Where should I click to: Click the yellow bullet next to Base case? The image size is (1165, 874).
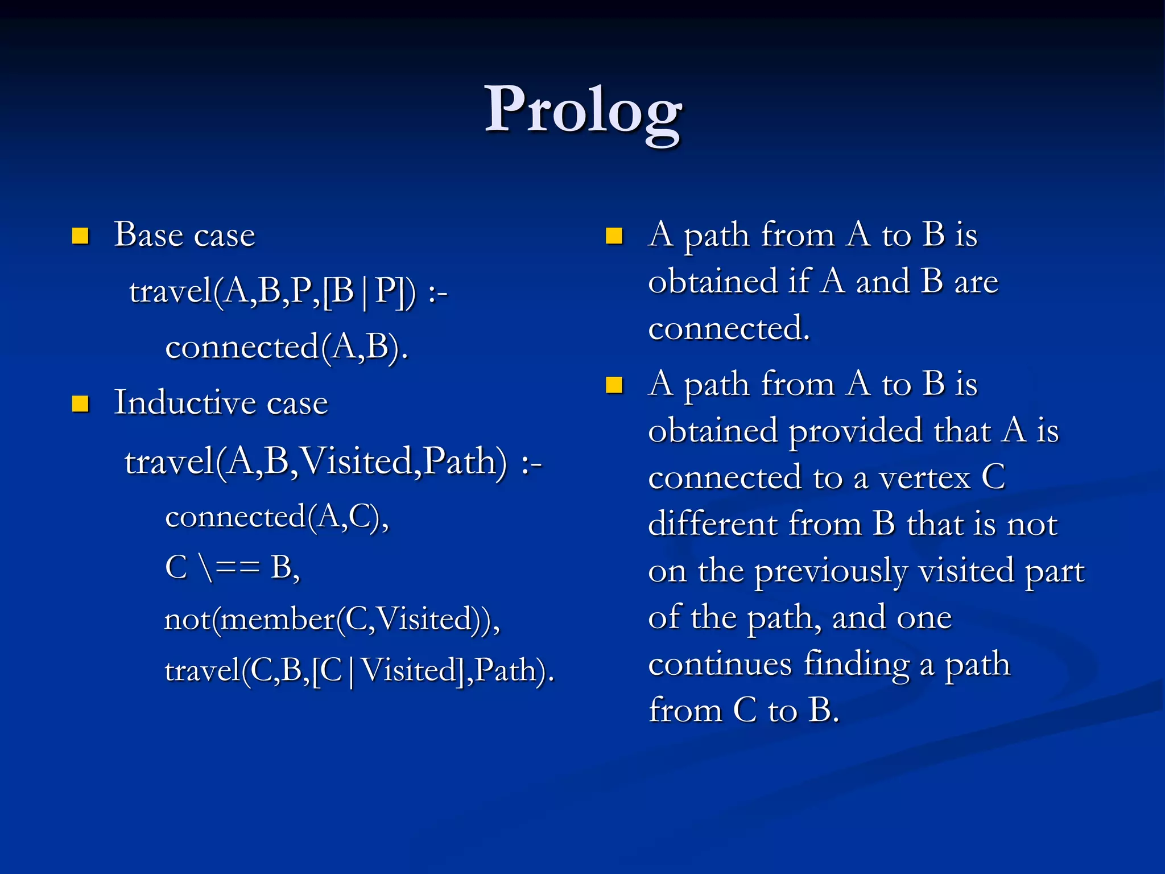tap(80, 236)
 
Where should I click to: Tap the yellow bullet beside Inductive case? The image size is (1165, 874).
tap(80, 404)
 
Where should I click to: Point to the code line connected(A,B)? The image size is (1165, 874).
tap(286, 347)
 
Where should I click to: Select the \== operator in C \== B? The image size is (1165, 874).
tap(229, 568)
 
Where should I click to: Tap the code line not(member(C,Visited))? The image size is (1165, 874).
tap(332, 619)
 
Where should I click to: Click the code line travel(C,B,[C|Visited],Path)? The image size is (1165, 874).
tap(359, 670)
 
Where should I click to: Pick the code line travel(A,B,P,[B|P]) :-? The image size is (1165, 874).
tap(288, 292)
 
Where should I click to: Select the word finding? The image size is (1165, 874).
tap(856, 664)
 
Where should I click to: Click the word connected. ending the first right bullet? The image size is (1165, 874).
tap(729, 329)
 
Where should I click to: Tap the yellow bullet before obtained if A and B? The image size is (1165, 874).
tap(614, 236)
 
